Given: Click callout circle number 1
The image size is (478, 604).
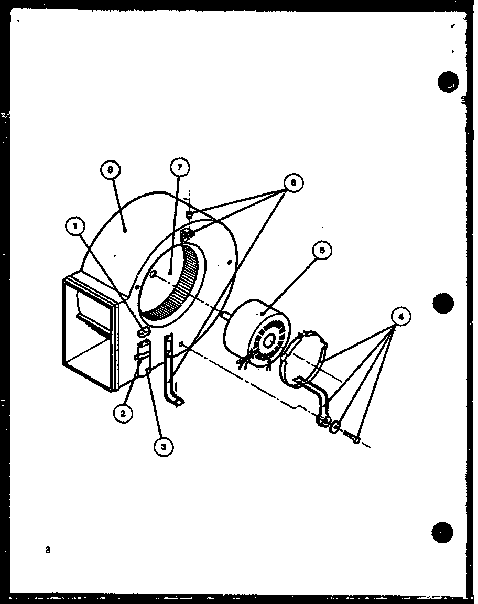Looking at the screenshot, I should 75,227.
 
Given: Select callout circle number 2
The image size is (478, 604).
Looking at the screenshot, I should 123,414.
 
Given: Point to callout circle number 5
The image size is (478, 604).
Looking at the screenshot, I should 322,251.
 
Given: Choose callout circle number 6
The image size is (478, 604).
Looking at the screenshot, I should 293,183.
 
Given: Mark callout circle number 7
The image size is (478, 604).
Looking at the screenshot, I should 180,168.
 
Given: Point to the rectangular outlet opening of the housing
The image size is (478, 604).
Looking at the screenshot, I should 89,336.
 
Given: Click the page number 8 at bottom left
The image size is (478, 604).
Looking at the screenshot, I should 48,550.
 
